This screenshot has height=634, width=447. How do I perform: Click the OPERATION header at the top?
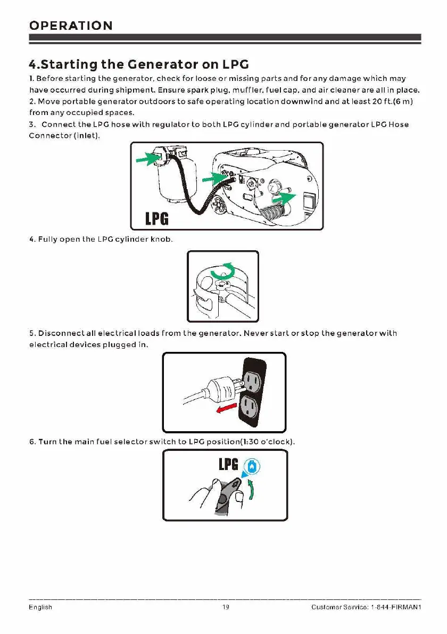coord(71,26)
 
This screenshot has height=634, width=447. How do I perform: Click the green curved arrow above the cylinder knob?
coord(222,270)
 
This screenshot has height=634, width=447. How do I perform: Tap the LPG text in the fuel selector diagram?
coord(229,465)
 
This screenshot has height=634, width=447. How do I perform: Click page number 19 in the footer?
coord(226,607)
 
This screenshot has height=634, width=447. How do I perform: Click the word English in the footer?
coord(40,607)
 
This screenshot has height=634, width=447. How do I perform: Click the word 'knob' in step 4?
coord(161,240)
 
